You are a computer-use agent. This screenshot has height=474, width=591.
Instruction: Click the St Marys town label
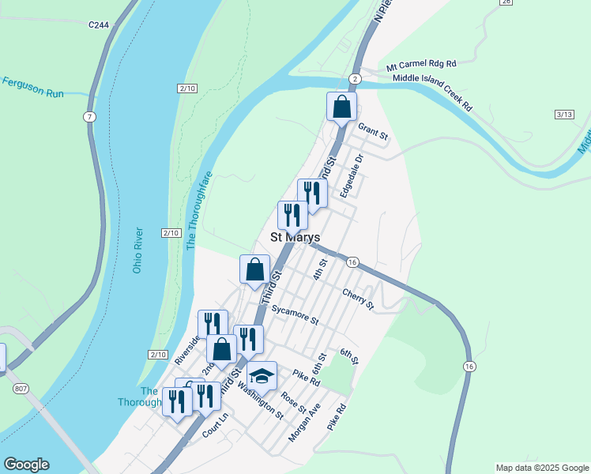295,237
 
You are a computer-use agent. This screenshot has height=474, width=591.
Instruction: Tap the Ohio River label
137,250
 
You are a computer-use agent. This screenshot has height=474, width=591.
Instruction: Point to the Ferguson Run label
33,87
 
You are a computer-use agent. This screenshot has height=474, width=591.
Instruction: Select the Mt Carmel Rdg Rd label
422,65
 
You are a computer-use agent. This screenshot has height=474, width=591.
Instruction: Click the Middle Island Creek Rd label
431,90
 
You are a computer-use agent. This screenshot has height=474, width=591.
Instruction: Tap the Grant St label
373,131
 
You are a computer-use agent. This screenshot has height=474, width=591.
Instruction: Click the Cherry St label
357,299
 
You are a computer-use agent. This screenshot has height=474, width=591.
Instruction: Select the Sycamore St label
295,315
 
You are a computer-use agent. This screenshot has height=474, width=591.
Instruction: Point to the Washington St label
259,401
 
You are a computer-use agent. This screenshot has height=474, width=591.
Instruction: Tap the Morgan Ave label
304,423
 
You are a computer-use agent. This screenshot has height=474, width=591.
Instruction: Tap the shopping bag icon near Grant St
341,106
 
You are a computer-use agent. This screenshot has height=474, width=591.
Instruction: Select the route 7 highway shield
89,117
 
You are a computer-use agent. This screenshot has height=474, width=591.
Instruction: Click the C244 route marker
99,25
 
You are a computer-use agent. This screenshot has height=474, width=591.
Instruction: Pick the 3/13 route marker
564,115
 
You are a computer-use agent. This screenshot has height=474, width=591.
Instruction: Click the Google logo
26,465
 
